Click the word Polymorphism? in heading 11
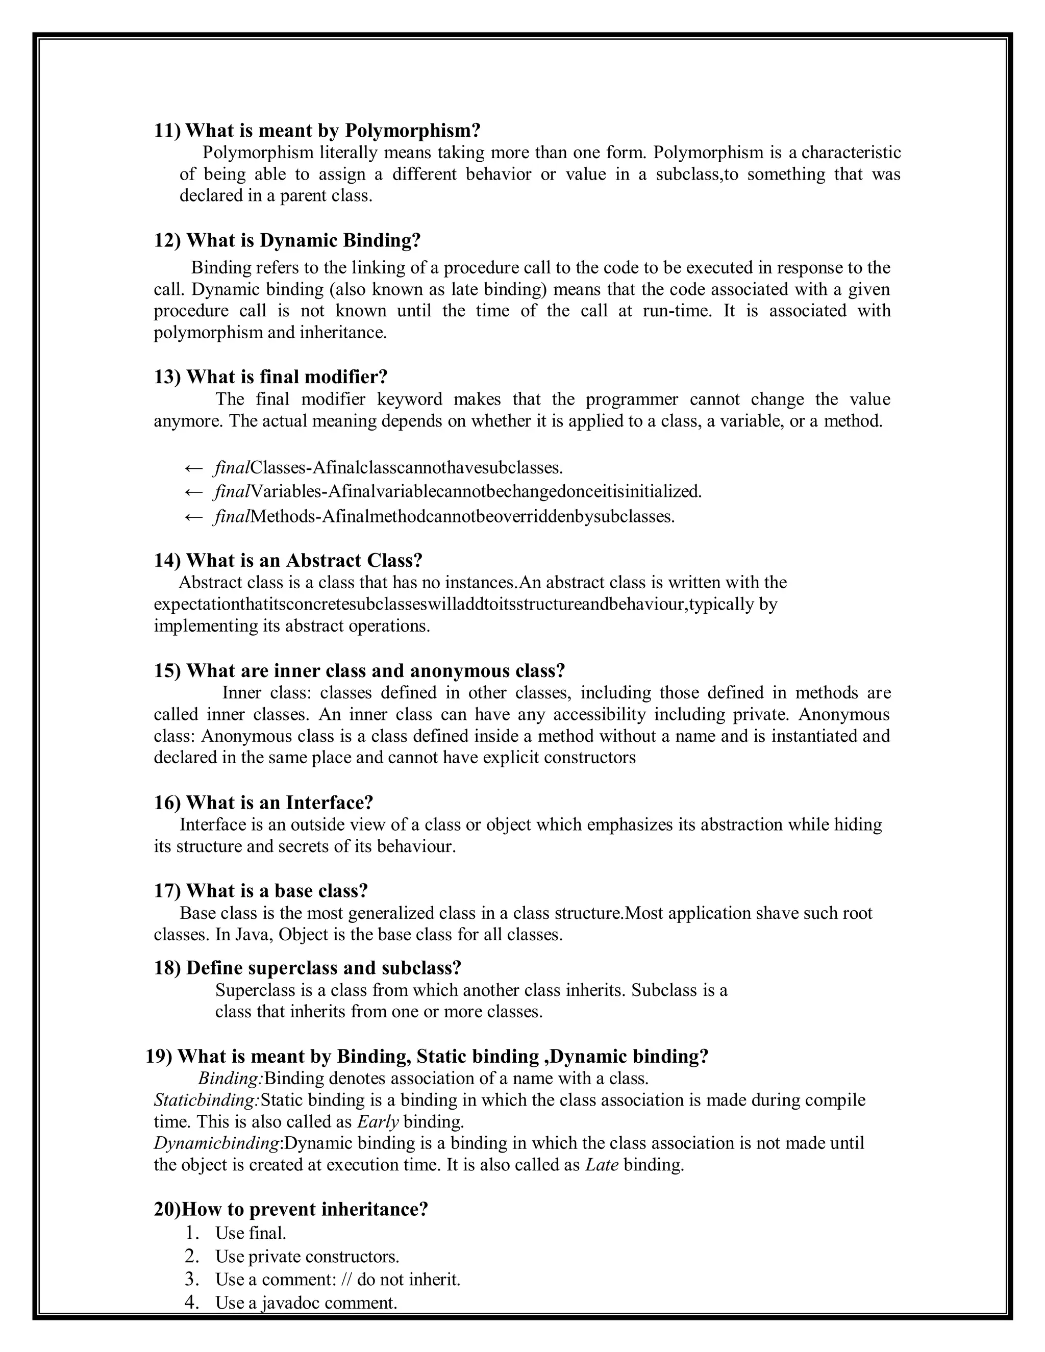pyautogui.click(x=412, y=131)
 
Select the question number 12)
pyautogui.click(x=167, y=240)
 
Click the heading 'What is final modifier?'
pyautogui.click(x=287, y=377)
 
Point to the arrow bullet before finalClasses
pyautogui.click(x=194, y=467)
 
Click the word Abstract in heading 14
pyautogui.click(x=324, y=560)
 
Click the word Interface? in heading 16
pyautogui.click(x=329, y=803)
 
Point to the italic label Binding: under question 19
pyautogui.click(x=231, y=1079)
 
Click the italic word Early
pyautogui.click(x=378, y=1122)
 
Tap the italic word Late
pyautogui.click(x=602, y=1165)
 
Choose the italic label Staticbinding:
pyautogui.click(x=207, y=1100)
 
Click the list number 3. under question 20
pyautogui.click(x=192, y=1279)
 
